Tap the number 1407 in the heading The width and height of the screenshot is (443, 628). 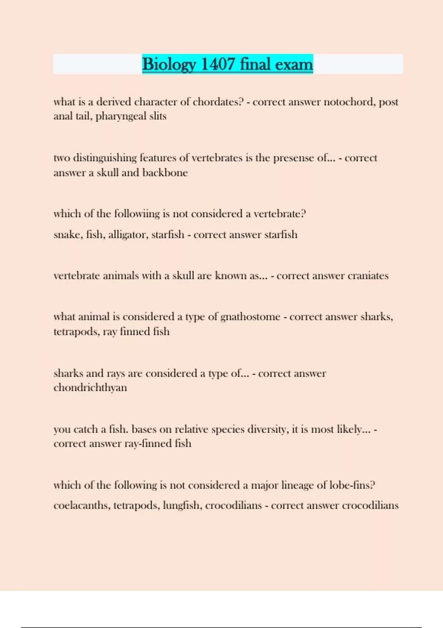218,64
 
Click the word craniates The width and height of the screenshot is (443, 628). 368,276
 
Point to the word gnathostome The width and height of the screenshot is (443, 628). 250,317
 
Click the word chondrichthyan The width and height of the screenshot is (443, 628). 90,388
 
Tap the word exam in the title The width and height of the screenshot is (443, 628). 294,64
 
